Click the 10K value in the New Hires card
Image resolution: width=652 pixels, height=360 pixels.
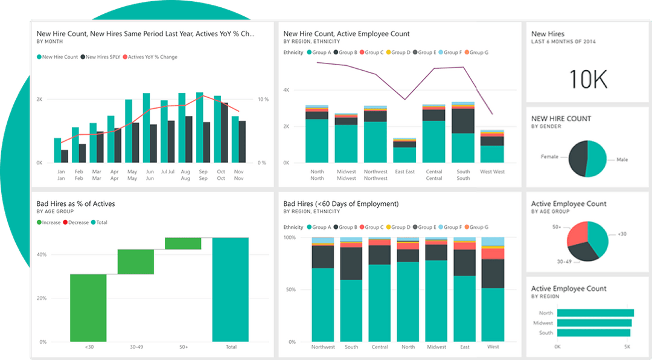pos(588,79)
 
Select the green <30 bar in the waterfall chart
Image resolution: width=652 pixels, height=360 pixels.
pos(88,307)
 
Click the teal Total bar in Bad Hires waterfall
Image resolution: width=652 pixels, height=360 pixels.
pos(230,289)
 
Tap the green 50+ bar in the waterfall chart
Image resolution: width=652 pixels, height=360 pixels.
pos(183,243)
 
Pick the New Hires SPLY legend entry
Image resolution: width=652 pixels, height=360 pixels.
pos(102,57)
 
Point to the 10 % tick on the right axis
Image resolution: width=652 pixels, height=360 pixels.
pos(263,99)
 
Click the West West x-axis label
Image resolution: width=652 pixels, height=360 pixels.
pos(492,172)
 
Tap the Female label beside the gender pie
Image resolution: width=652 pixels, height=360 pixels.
pos(550,156)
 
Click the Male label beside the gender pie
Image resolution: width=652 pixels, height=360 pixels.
pos(622,160)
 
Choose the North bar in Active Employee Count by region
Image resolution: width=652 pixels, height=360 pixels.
pos(595,313)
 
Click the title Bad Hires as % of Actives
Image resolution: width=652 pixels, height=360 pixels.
pos(75,204)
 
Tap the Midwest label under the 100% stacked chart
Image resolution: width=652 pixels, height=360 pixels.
pos(436,347)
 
